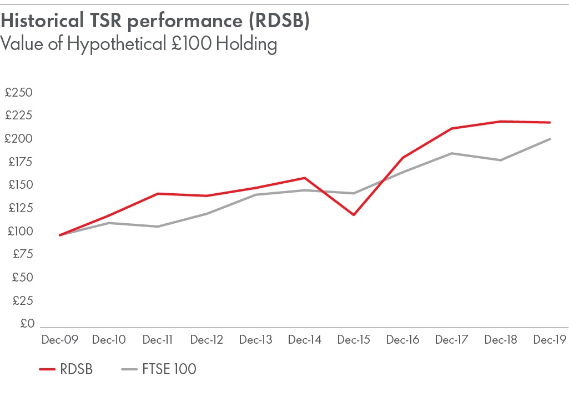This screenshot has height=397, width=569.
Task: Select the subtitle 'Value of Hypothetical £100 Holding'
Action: (x=139, y=43)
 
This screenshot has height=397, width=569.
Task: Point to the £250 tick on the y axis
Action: (x=19, y=93)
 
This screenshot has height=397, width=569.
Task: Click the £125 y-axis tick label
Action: (x=19, y=208)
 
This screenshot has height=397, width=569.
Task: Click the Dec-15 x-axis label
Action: (x=354, y=340)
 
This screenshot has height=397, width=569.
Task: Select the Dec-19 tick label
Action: (x=550, y=340)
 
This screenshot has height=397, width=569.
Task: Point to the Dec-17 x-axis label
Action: (x=452, y=340)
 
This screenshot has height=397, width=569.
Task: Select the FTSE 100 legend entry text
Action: (x=173, y=369)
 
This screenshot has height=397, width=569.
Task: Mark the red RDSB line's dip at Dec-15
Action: (x=354, y=215)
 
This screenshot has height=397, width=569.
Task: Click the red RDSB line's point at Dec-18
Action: (x=501, y=121)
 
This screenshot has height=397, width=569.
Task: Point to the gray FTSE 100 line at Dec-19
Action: (x=550, y=139)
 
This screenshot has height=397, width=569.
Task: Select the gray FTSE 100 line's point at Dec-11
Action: (x=158, y=227)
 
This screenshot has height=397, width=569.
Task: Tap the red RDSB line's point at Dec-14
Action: (x=304, y=178)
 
